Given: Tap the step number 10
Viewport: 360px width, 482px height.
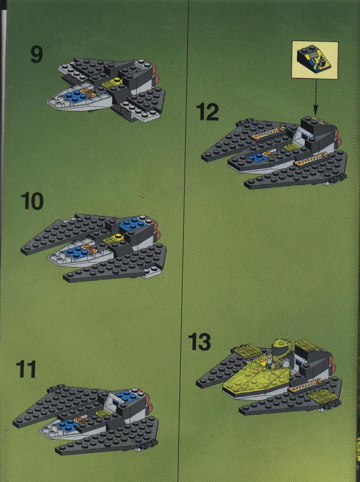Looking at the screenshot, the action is click(32, 201).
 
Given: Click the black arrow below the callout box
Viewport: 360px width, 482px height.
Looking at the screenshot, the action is click(315, 97).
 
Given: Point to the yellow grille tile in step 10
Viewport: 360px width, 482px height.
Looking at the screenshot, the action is click(113, 239).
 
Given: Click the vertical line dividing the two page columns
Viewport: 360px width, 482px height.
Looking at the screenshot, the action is click(184, 241).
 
